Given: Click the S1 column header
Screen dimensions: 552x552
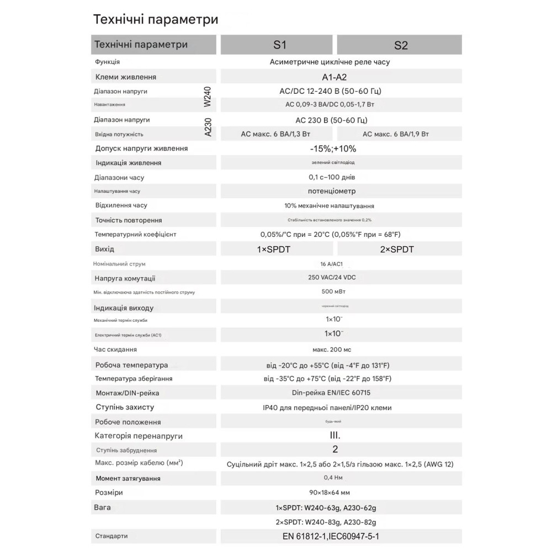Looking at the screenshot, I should [276, 45].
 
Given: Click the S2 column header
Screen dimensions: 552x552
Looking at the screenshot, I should [401, 45].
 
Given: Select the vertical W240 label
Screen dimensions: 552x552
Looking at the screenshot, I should [208, 97].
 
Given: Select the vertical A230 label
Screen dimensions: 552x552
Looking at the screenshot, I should [208, 126].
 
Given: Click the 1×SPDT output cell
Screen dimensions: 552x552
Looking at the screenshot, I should [274, 250].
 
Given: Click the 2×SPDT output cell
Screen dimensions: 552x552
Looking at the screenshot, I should [397, 250].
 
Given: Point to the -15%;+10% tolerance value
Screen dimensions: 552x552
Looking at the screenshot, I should [333, 148].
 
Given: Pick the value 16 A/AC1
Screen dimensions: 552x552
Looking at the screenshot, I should [331, 264].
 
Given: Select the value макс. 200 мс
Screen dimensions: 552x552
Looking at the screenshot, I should [331, 349].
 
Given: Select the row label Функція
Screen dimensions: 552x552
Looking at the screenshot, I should [108, 62].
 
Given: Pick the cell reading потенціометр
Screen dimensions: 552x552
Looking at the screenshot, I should [332, 191].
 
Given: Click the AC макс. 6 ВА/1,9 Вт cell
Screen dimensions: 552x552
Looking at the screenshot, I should [396, 134].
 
